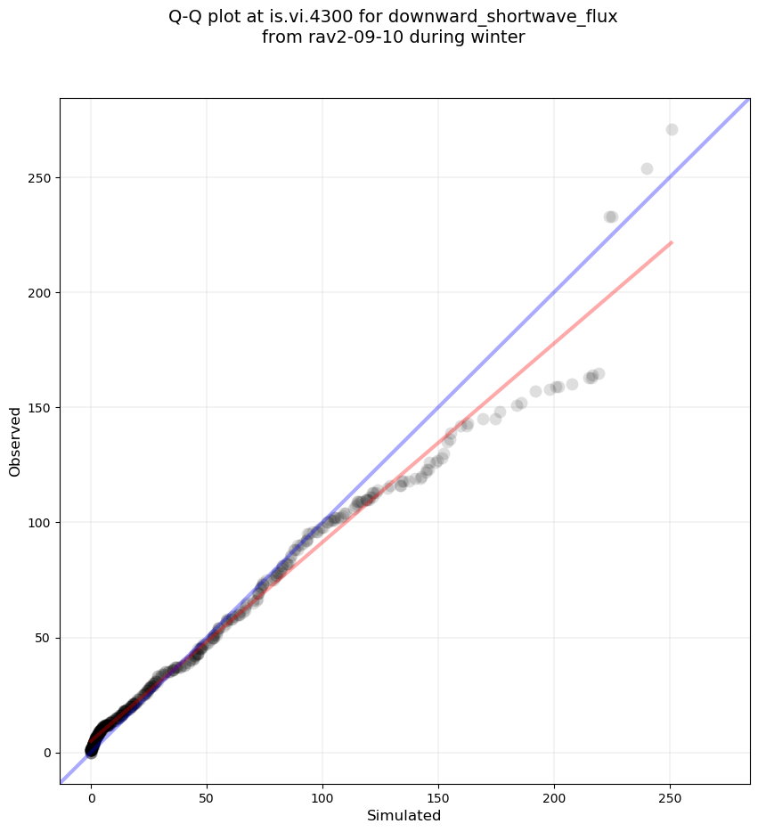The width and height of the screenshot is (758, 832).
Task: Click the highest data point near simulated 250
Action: (x=672, y=130)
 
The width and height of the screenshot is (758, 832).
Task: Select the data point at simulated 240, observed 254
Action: (x=647, y=169)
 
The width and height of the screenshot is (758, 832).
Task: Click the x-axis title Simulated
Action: (x=404, y=815)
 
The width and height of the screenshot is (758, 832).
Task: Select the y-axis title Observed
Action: (x=16, y=442)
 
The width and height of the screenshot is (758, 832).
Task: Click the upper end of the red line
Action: (x=671, y=242)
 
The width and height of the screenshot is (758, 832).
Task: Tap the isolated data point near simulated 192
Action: (x=535, y=392)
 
